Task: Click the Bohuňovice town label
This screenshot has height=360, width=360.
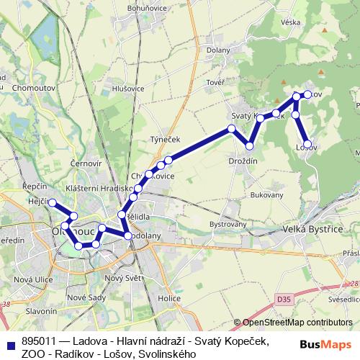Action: click(147, 8)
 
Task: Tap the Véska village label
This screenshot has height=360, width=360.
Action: click(291, 22)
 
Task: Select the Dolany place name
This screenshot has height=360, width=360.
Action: click(217, 50)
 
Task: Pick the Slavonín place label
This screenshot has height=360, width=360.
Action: click(41, 311)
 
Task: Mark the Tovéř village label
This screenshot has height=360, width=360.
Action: click(215, 83)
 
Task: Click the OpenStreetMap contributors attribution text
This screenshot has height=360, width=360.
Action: click(292, 323)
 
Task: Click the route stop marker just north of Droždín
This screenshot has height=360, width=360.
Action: click(249, 146)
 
